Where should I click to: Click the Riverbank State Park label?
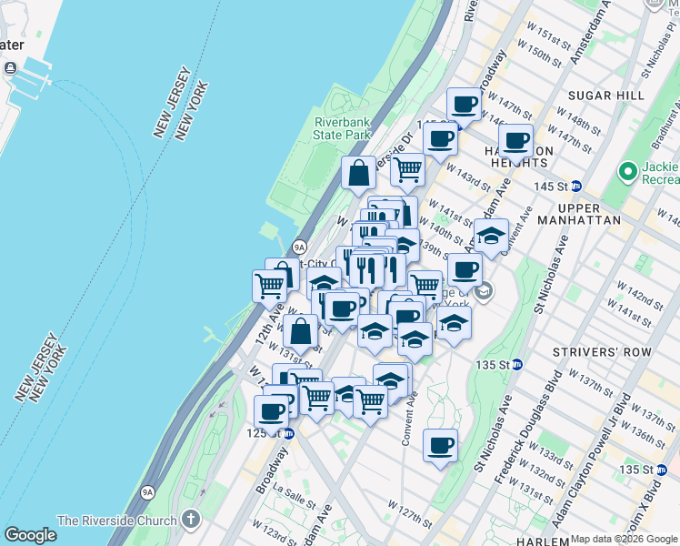343,128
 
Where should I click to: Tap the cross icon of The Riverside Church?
190,520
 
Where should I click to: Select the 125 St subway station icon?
287,434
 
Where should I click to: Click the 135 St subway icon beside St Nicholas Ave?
517,364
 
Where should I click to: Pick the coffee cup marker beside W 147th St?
465,105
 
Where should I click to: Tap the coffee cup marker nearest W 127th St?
440,446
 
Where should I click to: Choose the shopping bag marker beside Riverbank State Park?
359,172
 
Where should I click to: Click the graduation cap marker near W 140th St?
491,237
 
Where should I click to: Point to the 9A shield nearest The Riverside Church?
147,492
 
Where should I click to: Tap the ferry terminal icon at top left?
11,68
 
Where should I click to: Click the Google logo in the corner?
31,535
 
